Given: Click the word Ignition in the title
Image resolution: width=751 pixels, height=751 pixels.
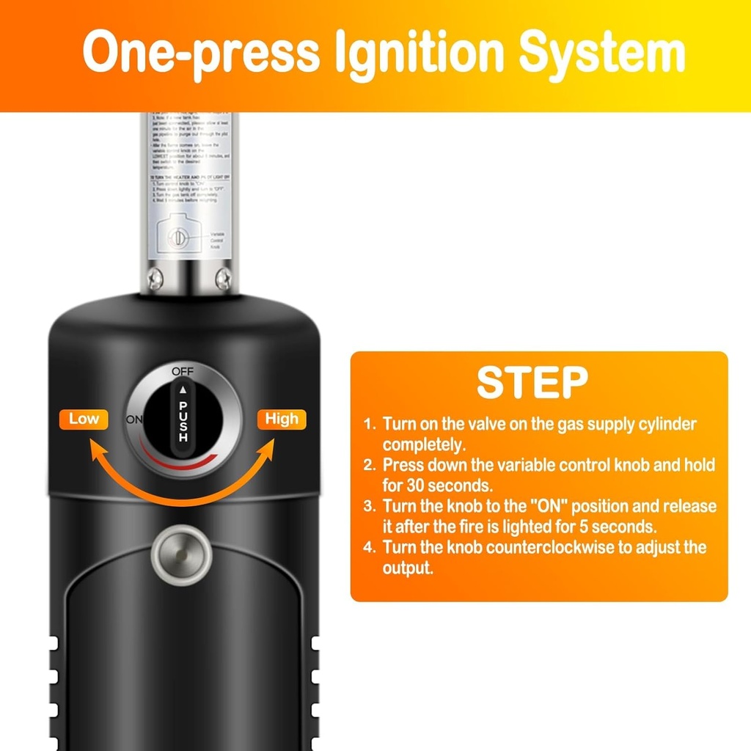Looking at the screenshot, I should point(419,53).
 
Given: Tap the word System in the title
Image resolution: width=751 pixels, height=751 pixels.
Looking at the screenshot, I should point(602,53).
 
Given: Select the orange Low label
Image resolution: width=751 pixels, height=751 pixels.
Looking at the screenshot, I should point(84,419).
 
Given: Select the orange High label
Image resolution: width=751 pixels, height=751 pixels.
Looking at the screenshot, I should point(282,419).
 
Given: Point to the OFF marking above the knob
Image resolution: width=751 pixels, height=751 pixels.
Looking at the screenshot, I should point(183,371).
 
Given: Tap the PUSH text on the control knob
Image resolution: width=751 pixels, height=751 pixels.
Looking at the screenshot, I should point(183,422).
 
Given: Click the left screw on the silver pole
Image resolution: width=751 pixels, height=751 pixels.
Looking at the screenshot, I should point(154,278).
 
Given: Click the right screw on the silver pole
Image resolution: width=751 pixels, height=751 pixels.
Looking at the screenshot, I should point(223,278).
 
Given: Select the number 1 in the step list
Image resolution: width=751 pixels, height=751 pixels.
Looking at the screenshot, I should point(370,425).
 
